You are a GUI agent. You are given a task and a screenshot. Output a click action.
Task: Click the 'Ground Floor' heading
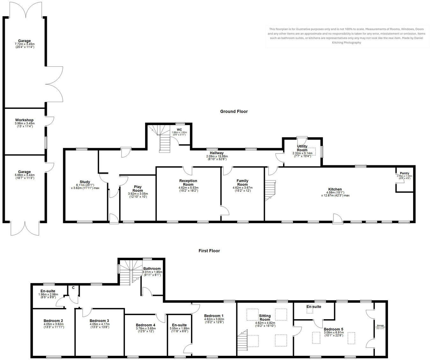click(x=234, y=111)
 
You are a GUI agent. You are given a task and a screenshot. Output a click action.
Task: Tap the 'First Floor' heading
click(x=209, y=251)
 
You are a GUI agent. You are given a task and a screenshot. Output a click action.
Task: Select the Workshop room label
click(x=24, y=120)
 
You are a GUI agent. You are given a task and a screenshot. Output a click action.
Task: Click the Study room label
click(x=85, y=182)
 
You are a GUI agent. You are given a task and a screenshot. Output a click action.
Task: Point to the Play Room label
click(x=138, y=189)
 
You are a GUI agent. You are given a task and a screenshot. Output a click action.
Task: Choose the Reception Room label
click(x=188, y=183)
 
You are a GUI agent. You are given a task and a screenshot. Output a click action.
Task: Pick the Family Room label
click(x=242, y=183)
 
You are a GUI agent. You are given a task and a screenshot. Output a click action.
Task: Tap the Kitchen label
click(x=335, y=189)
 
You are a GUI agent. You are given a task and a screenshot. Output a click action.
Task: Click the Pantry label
click(x=405, y=173)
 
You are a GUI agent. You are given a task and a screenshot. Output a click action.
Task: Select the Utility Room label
click(x=302, y=148)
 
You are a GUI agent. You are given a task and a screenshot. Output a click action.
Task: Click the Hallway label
click(x=216, y=153)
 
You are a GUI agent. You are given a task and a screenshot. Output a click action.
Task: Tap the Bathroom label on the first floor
click(x=152, y=268)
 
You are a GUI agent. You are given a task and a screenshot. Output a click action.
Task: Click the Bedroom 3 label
click(x=99, y=321)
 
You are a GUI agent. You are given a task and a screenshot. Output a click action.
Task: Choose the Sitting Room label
click(x=265, y=318)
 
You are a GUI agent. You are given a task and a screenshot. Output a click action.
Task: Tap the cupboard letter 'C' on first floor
click(x=73, y=288)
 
